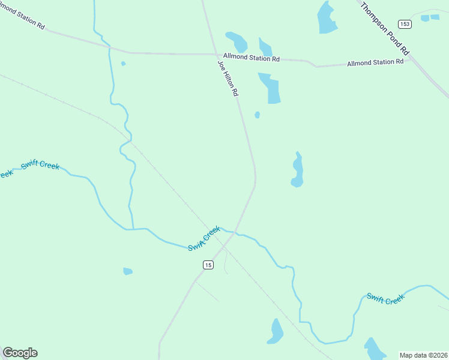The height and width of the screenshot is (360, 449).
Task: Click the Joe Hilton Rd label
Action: point(228,79)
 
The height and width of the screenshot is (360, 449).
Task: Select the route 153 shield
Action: point(405,24)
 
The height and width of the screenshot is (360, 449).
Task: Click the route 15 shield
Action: point(208,265)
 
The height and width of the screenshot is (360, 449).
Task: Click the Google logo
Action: point(20,353)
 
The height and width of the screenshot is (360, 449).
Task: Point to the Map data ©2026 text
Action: point(423,355)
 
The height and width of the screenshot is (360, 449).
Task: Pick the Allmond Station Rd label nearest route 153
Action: point(375,62)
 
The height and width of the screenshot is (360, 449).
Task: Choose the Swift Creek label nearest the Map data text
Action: point(385,298)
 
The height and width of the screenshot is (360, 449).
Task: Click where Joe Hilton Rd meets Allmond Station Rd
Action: point(217,54)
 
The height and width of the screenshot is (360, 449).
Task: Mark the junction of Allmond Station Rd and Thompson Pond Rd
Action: point(410,59)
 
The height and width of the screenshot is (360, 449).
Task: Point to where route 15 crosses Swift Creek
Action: point(236,232)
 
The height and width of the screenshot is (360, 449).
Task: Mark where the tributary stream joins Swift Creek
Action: point(131,229)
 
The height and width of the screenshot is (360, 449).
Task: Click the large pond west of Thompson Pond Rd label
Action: point(327,18)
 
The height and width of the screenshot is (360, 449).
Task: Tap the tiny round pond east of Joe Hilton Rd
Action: point(258,115)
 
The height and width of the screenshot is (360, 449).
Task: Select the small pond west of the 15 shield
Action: point(127,271)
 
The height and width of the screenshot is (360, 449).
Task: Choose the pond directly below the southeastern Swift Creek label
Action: point(375,349)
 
